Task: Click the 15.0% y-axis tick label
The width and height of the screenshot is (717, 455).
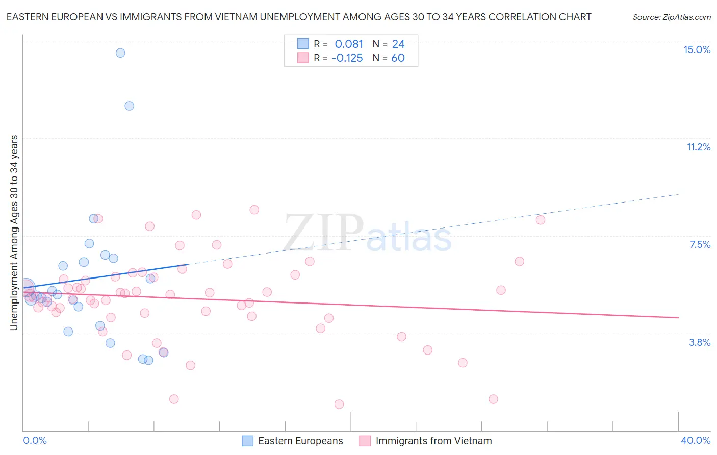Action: (x=697, y=49)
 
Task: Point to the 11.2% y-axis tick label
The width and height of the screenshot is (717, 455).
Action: (x=698, y=147)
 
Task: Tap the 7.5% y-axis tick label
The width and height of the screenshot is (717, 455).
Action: (x=700, y=244)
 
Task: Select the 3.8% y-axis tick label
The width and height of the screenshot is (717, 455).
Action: (x=700, y=342)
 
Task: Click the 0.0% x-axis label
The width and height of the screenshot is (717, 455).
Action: (x=35, y=440)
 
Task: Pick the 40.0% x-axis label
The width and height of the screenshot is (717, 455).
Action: (x=695, y=440)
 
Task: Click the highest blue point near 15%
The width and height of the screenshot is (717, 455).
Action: (x=120, y=53)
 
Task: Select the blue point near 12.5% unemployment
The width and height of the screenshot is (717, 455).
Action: (x=130, y=106)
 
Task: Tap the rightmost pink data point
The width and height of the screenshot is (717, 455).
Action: (x=541, y=220)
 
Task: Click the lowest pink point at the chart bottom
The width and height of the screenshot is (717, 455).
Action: (x=339, y=404)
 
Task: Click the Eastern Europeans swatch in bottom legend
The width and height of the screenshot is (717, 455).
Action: (x=247, y=441)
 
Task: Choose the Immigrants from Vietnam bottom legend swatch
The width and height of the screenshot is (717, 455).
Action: (x=365, y=441)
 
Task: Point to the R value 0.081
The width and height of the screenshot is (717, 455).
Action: (x=349, y=44)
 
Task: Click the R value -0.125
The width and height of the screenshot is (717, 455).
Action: (x=347, y=58)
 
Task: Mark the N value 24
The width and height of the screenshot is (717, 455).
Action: (x=398, y=44)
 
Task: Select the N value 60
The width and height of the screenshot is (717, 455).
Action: (x=398, y=58)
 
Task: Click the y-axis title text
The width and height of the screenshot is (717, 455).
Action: (x=14, y=233)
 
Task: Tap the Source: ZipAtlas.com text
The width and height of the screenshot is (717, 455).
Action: (x=671, y=17)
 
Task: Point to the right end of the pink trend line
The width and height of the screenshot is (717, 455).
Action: (x=678, y=317)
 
